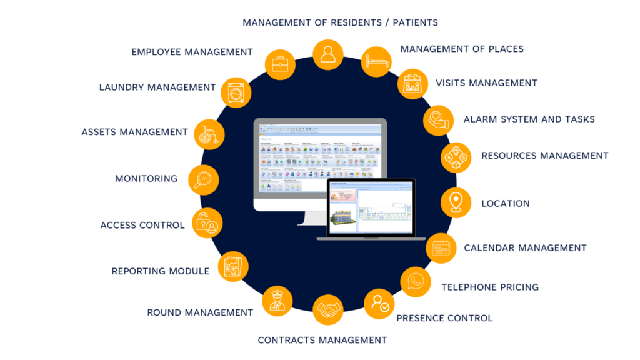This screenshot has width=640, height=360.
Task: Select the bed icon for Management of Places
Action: [x=376, y=62]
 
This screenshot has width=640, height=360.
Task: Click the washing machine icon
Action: [x=236, y=92]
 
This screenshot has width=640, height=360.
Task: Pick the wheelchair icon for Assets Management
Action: [x=209, y=132]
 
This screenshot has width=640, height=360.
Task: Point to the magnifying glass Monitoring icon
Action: [x=204, y=180]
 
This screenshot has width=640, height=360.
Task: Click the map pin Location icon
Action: [x=456, y=203]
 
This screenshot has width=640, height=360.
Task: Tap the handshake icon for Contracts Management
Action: [x=329, y=310]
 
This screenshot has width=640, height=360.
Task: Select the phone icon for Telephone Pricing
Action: [x=416, y=282]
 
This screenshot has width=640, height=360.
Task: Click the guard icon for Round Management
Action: [x=277, y=301]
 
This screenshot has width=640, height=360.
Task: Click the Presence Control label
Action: [x=444, y=318]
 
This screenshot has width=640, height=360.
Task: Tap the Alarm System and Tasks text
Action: [x=529, y=119]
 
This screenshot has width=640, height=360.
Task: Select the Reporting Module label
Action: [x=161, y=271]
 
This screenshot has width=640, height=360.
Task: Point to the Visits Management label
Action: [x=486, y=82]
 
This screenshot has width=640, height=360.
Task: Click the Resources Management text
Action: [x=544, y=156]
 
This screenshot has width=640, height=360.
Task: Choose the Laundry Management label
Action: [x=157, y=87]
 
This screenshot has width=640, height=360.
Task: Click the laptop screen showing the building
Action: [x=371, y=207]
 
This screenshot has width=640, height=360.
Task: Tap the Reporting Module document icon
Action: [x=232, y=267]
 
